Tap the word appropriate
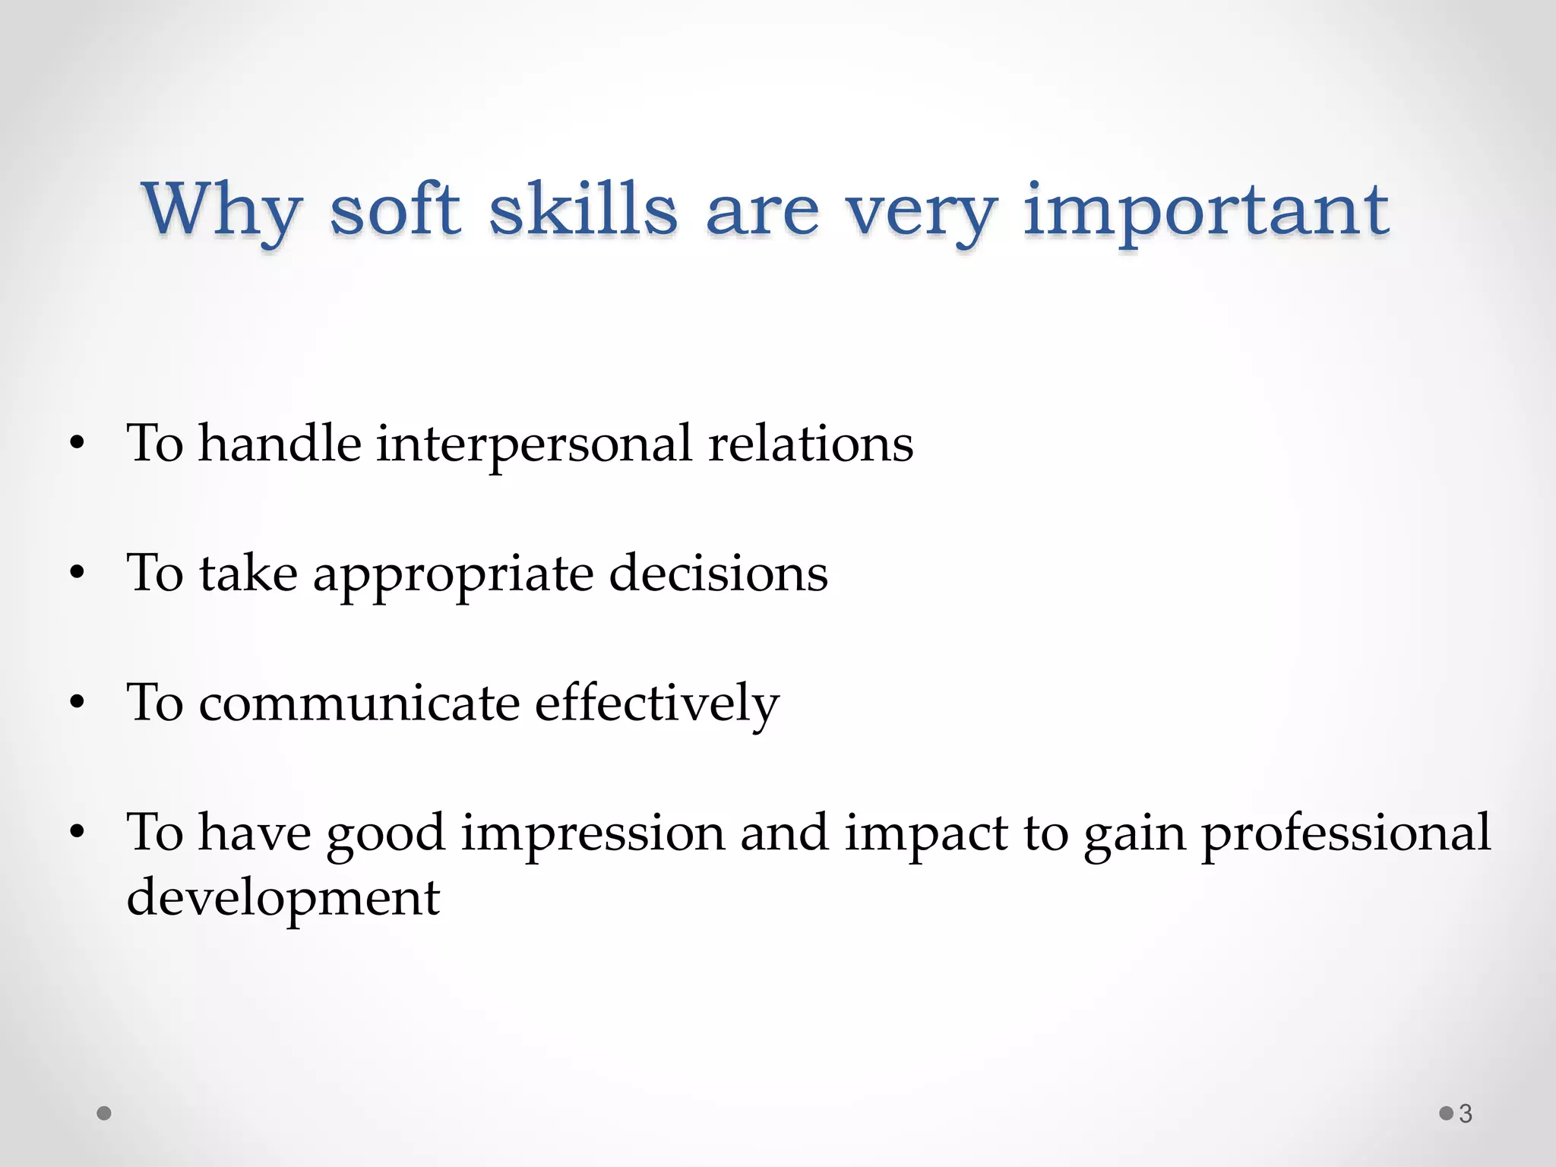453,575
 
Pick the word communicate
359,703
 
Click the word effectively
656,704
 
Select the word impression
593,833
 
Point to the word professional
1346,833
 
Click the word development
283,899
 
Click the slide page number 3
1466,1114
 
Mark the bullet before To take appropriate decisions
76,574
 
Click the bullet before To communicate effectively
76,704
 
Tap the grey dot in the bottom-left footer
105,1114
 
